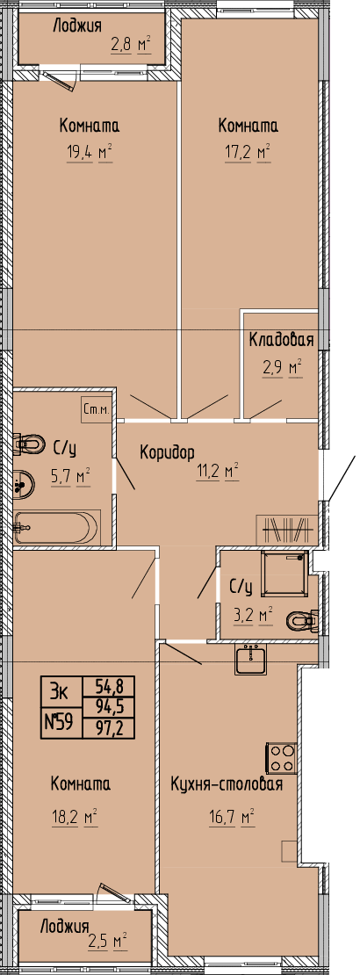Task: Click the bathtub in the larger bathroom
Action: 56,527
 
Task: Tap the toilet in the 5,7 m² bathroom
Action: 29,444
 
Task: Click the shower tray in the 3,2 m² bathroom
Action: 284,574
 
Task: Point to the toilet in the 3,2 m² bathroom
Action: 302,620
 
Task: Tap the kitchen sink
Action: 251,660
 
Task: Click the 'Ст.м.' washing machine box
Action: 97,409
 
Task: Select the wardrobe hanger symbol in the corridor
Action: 286,529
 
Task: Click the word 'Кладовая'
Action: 280,340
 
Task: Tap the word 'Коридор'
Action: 168,451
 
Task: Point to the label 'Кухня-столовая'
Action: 227,784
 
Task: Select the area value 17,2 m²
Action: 248,152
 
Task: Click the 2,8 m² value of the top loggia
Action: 131,46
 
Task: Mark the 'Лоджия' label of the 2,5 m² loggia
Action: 65,928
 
